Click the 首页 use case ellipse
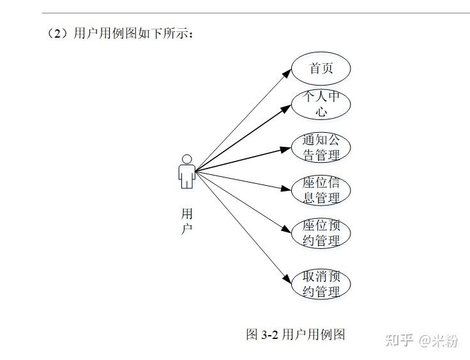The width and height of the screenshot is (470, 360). (321, 68)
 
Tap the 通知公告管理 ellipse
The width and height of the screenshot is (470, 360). (321, 147)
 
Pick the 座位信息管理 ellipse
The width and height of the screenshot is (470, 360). (321, 190)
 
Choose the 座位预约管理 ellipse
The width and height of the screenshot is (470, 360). (321, 233)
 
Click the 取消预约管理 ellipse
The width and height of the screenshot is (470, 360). (321, 285)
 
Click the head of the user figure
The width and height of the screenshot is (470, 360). (186, 158)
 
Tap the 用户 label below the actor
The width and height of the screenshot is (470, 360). (186, 221)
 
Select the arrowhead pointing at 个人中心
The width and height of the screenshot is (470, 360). (286, 109)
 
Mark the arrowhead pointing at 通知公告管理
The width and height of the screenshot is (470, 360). (286, 149)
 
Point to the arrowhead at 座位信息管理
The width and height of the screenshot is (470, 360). (286, 188)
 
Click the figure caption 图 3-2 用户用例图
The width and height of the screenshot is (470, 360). (296, 334)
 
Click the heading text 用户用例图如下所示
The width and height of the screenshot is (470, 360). (133, 34)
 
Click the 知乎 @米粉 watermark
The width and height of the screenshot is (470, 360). (421, 340)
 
